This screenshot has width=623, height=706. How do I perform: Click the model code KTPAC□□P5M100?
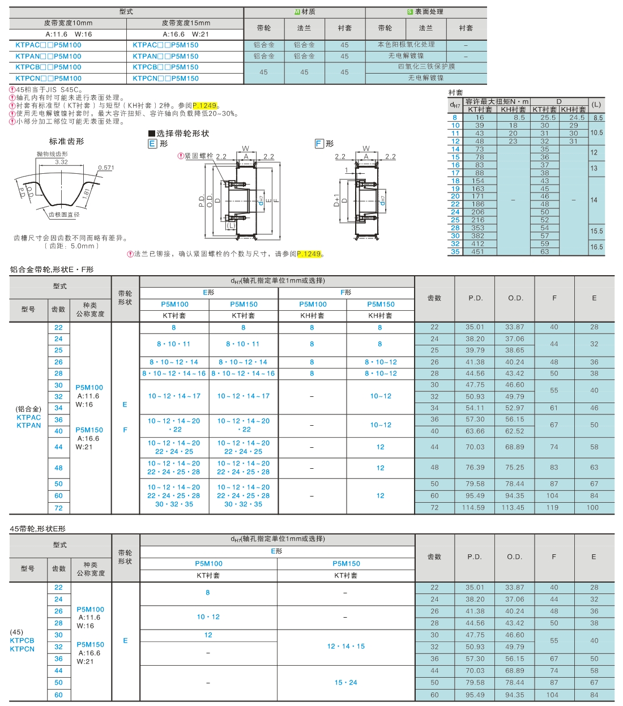[48, 45]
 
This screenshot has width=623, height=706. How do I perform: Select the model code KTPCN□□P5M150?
[165, 78]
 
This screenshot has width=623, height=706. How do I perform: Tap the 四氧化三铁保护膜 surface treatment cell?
[426, 67]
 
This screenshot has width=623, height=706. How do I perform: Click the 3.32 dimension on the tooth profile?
[61, 162]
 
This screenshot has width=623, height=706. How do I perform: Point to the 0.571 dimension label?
[106, 168]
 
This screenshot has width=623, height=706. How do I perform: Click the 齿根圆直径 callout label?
[64, 215]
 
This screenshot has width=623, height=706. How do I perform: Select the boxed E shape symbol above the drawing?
[152, 144]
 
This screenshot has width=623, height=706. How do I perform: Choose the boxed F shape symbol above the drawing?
[319, 144]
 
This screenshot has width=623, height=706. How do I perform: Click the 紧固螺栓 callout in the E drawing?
[199, 156]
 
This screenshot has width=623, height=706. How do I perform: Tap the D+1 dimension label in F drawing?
[336, 200]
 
